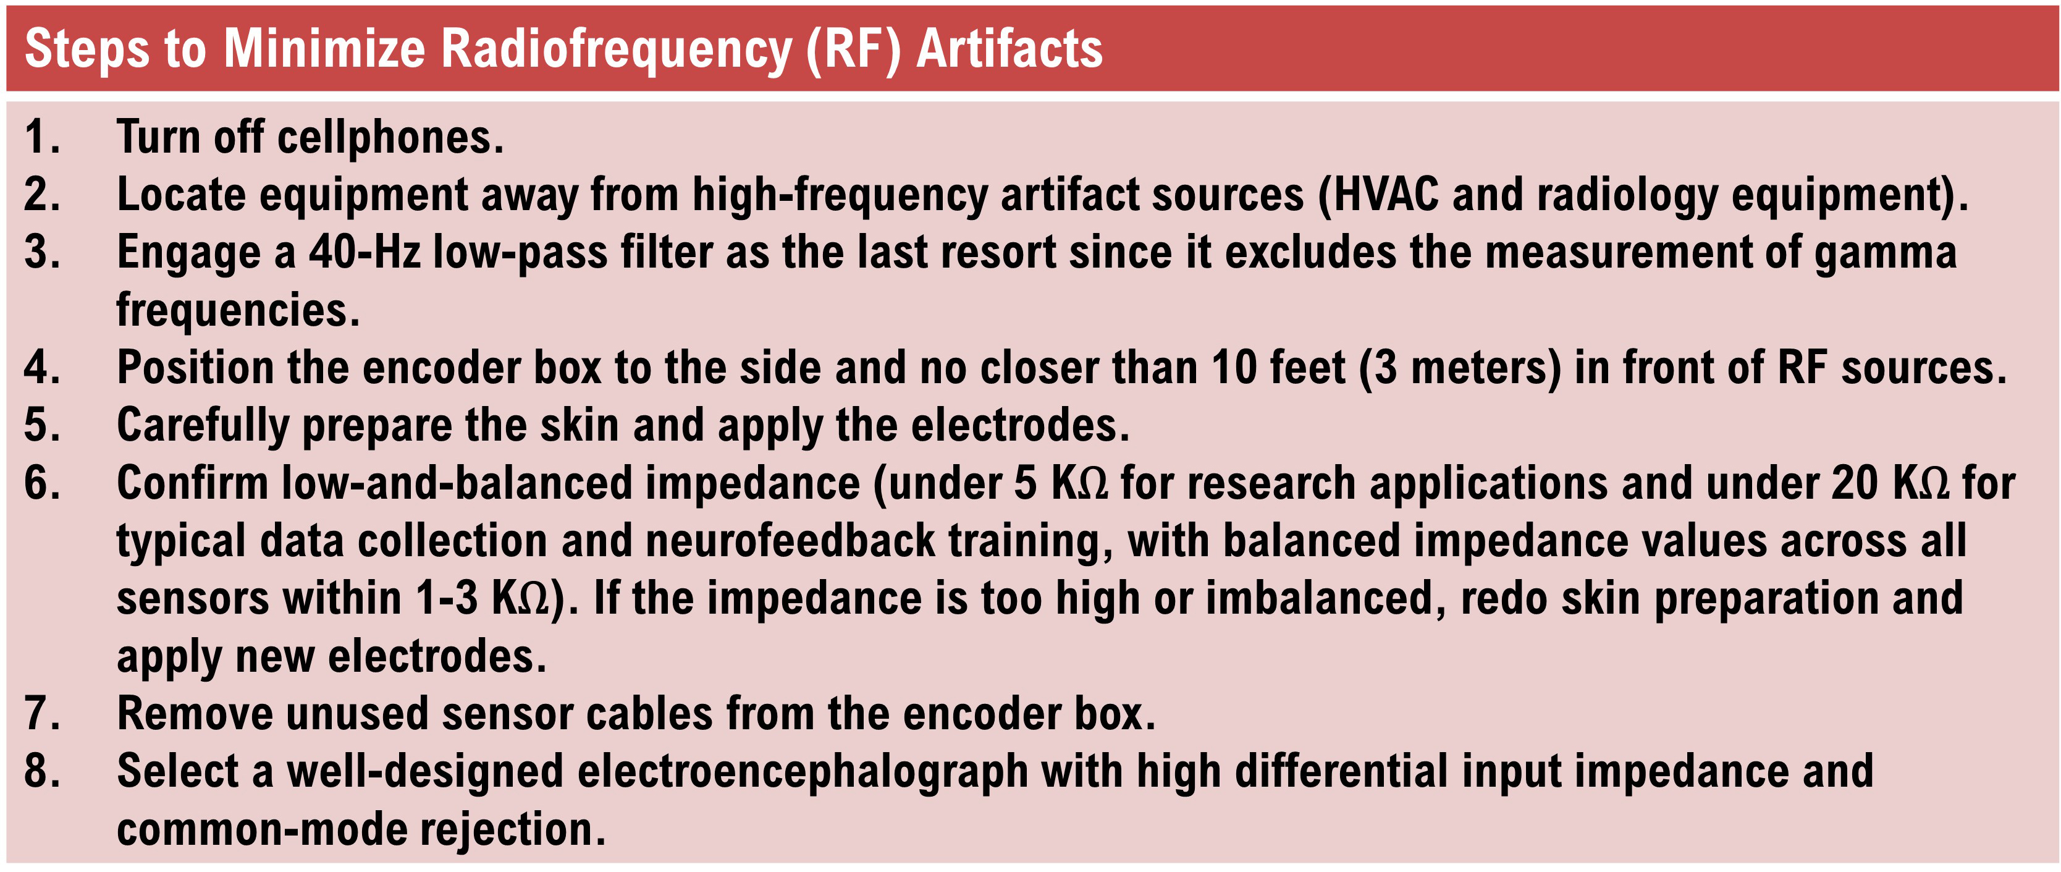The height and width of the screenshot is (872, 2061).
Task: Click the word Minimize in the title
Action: [x=324, y=48]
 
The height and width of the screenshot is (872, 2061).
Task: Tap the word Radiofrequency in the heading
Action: [x=616, y=49]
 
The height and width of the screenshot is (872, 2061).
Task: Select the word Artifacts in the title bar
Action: [x=1009, y=48]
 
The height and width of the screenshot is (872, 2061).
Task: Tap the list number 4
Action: [x=40, y=368]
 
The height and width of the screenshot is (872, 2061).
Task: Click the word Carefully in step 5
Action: [x=203, y=426]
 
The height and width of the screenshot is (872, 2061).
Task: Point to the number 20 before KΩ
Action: [x=1855, y=483]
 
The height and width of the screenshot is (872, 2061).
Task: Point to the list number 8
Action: [x=40, y=771]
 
